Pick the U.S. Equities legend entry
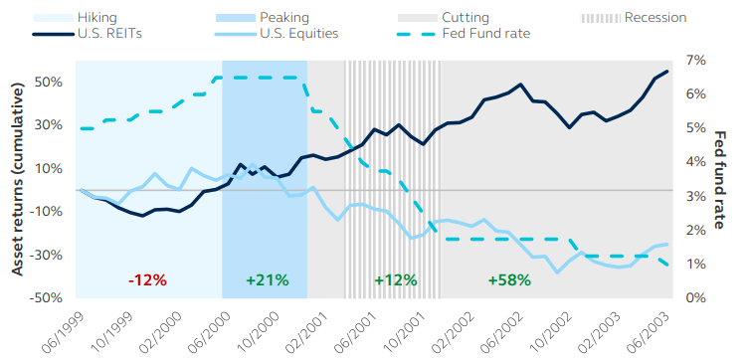click(298, 33)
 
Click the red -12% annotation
click(147, 280)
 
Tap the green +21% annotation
click(267, 280)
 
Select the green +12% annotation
click(395, 280)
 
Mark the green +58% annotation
click(509, 280)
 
